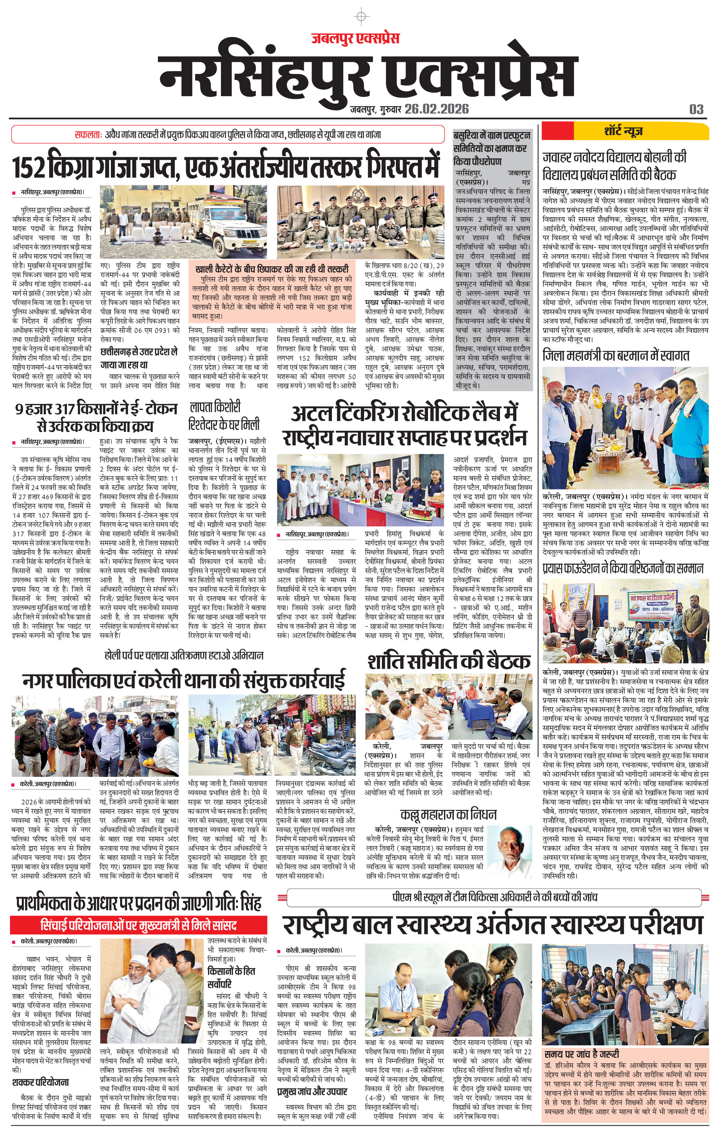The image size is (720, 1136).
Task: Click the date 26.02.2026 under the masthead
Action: point(436,109)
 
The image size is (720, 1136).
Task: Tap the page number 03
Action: point(696,110)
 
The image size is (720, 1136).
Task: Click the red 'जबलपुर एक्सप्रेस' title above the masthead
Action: point(355,38)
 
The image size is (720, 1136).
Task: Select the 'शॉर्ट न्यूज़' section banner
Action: point(623,131)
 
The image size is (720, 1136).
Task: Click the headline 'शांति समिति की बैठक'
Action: point(448,661)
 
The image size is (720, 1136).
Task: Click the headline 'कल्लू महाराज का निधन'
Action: point(448,815)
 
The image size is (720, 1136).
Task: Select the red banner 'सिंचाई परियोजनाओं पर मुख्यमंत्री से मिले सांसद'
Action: point(139,925)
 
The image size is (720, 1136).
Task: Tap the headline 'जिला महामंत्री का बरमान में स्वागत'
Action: point(615,355)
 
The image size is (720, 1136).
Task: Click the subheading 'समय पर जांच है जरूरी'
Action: point(581,1054)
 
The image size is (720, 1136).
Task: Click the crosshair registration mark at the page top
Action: point(361,17)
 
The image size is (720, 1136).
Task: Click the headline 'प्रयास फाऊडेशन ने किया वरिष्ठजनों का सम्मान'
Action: point(622,569)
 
